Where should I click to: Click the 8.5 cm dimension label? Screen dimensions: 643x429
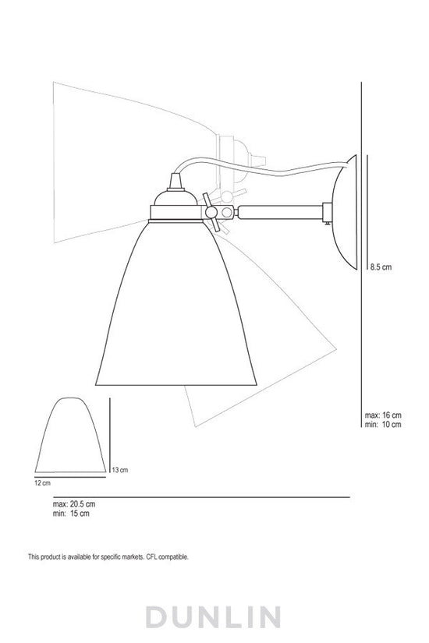pos(380,267)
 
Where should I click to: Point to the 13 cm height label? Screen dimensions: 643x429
pos(119,470)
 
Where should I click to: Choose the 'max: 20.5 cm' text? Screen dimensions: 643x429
pos(71,504)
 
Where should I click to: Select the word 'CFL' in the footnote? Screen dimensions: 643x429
pos(142,557)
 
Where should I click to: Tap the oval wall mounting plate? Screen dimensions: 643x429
pos(345,210)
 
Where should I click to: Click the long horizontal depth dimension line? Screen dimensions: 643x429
pos(195,496)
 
